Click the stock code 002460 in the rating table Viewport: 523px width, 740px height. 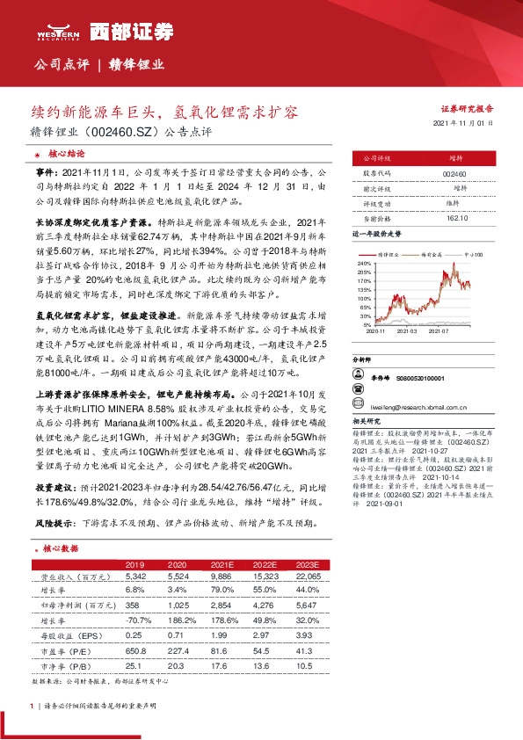click(455, 175)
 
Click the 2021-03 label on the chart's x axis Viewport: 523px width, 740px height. click(407, 331)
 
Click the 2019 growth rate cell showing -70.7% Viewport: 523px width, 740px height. click(134, 619)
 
